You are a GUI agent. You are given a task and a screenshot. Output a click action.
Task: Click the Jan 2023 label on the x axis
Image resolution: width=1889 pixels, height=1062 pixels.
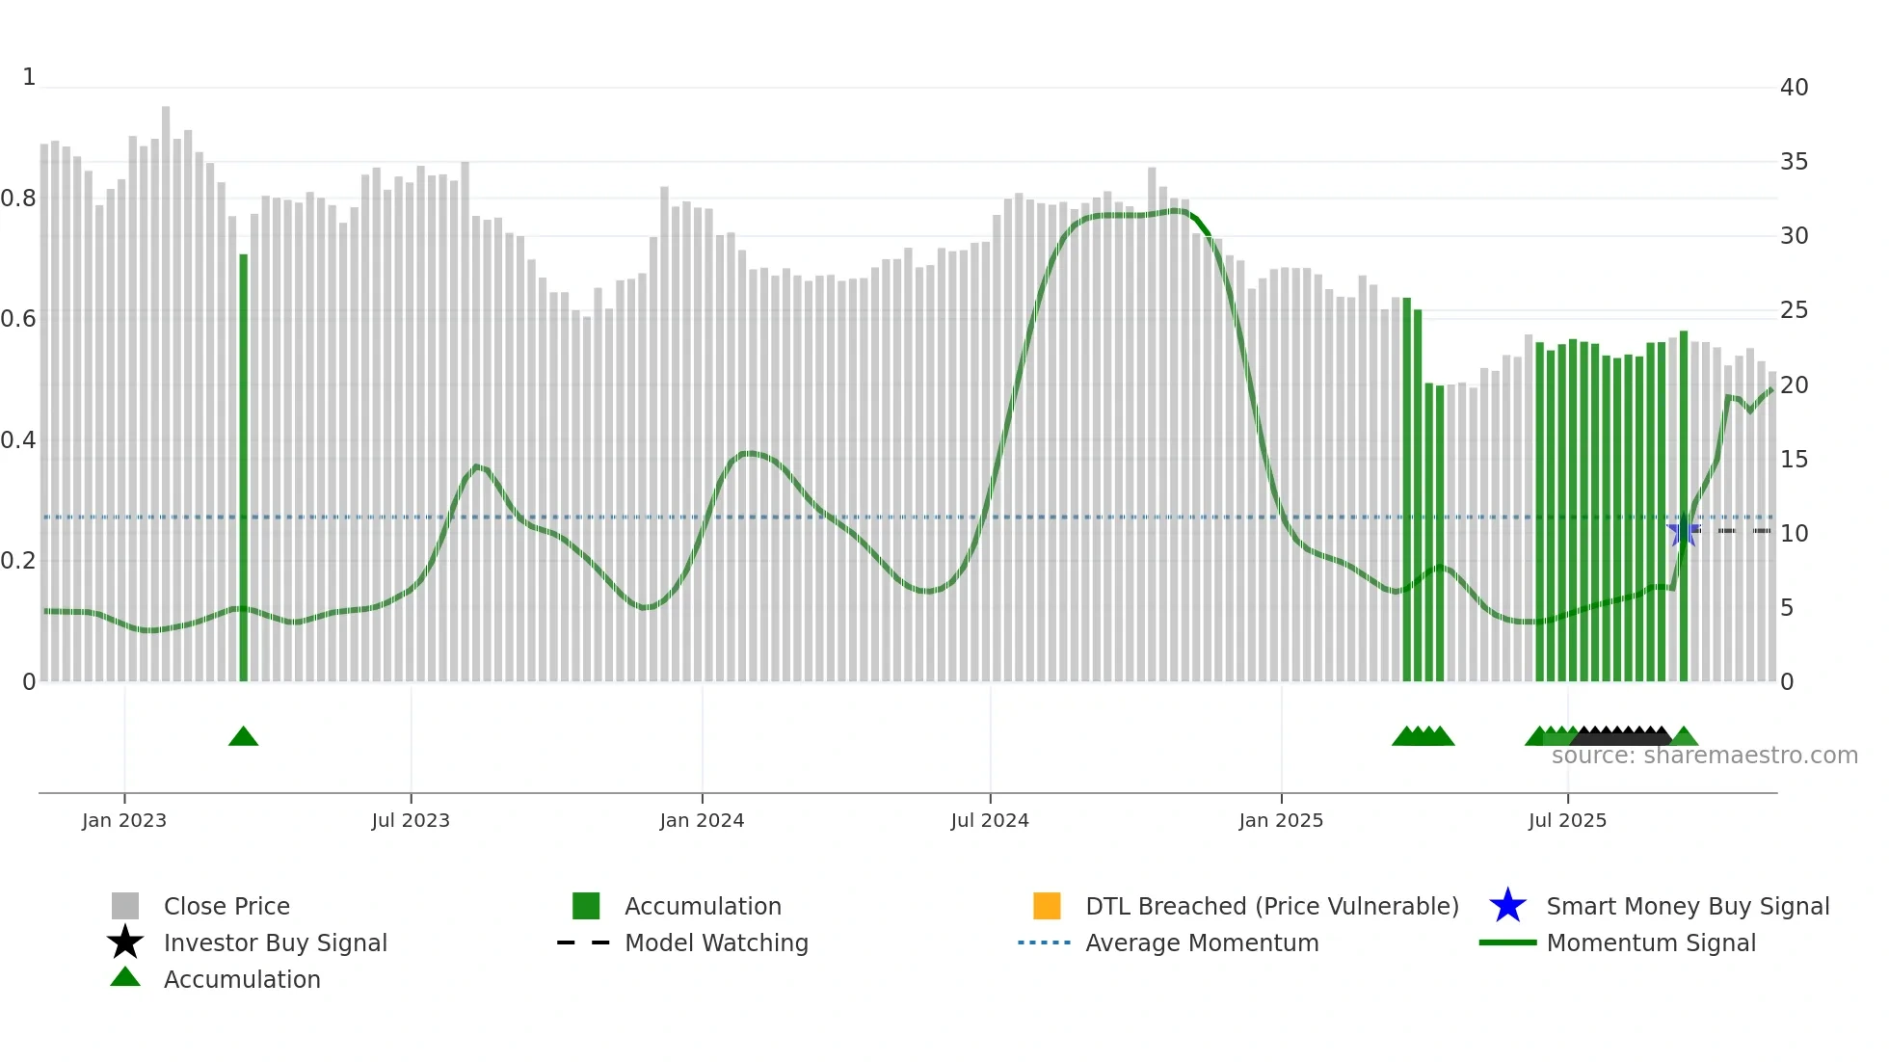pos(124,820)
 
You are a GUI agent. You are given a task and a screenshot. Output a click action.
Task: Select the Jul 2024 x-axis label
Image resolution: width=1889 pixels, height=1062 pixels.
pos(990,820)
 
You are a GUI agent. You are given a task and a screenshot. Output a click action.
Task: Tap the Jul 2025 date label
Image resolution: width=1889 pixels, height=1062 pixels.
pos(1567,820)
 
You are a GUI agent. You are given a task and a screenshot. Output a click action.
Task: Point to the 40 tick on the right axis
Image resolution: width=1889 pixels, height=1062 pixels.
pos(1794,88)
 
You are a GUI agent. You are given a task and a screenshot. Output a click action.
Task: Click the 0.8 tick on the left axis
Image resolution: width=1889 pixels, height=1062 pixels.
pos(18,199)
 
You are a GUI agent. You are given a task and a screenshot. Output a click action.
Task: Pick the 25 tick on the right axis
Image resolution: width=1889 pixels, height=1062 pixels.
pos(1794,310)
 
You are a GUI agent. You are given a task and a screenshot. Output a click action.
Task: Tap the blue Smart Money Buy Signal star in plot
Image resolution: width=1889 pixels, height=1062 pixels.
pos(1683,531)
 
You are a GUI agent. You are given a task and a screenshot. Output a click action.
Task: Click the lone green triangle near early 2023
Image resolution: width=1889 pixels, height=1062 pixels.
pos(243,736)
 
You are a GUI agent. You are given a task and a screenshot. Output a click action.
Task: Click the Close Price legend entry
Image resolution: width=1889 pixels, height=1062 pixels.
pos(226,906)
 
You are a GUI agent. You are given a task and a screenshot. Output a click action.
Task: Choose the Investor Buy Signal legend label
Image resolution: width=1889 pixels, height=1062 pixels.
pos(275,943)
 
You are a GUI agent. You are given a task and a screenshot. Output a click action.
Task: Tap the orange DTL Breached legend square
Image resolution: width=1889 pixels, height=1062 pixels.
pos(1047,906)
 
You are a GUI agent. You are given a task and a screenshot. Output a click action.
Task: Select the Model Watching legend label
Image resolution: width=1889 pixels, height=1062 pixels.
pos(716,943)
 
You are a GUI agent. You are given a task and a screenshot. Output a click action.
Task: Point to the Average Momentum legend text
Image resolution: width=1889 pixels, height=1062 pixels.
pos(1202,943)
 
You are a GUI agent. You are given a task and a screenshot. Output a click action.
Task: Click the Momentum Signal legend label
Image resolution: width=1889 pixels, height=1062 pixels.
pos(1651,943)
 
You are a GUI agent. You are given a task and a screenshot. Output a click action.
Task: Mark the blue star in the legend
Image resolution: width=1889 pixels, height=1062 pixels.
pos(1507,906)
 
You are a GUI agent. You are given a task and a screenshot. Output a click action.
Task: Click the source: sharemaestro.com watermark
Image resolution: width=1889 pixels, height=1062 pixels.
pos(1704,756)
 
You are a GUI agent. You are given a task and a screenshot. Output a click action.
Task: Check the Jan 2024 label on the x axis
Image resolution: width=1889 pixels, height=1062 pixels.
pos(702,820)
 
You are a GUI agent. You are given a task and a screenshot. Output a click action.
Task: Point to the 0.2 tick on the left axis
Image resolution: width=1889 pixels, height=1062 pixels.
pos(18,561)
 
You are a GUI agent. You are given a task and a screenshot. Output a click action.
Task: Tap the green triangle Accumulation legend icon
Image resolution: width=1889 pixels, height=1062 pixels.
pos(125,977)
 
